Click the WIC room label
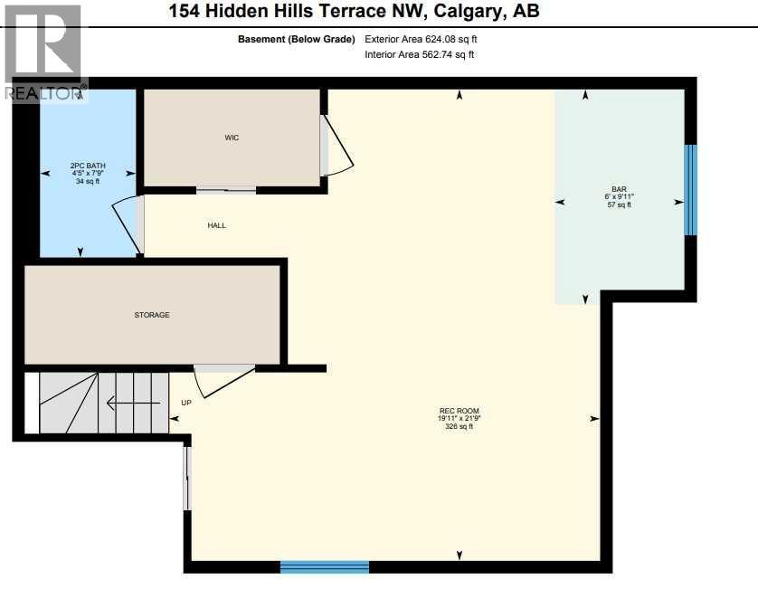(x=232, y=138)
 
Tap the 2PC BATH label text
(x=88, y=165)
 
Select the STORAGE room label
(x=152, y=315)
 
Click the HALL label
(x=216, y=225)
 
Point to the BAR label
(x=619, y=189)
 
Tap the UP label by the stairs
(x=187, y=403)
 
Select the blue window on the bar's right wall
(x=690, y=190)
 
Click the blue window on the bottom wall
(x=325, y=567)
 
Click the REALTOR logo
(x=43, y=52)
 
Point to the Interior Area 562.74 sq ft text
(x=419, y=55)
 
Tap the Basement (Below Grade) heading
(x=296, y=40)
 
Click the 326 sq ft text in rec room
(x=459, y=426)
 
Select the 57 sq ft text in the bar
(x=619, y=205)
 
